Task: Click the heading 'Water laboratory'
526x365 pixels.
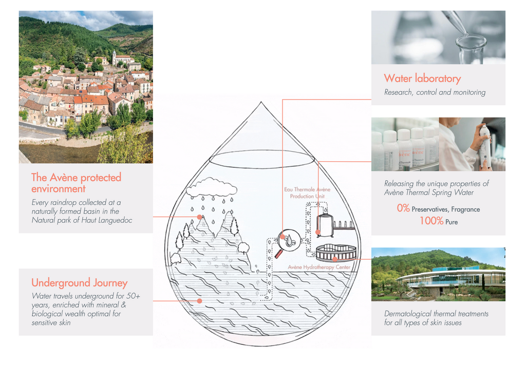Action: point(422,79)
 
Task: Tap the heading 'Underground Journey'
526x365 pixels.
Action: point(80,283)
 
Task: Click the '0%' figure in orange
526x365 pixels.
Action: point(403,208)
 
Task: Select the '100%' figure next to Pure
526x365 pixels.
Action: point(431,221)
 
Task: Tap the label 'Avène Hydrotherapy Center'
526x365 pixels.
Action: point(319,267)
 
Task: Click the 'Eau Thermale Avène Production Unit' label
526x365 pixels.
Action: point(307,193)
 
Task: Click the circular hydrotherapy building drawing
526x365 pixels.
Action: point(336,253)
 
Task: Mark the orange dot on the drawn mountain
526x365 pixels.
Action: point(200,217)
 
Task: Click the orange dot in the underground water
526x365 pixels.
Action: point(200,301)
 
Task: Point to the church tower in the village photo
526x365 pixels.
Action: point(115,57)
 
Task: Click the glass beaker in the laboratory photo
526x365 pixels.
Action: point(471,50)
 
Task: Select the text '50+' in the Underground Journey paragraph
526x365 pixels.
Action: point(133,296)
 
